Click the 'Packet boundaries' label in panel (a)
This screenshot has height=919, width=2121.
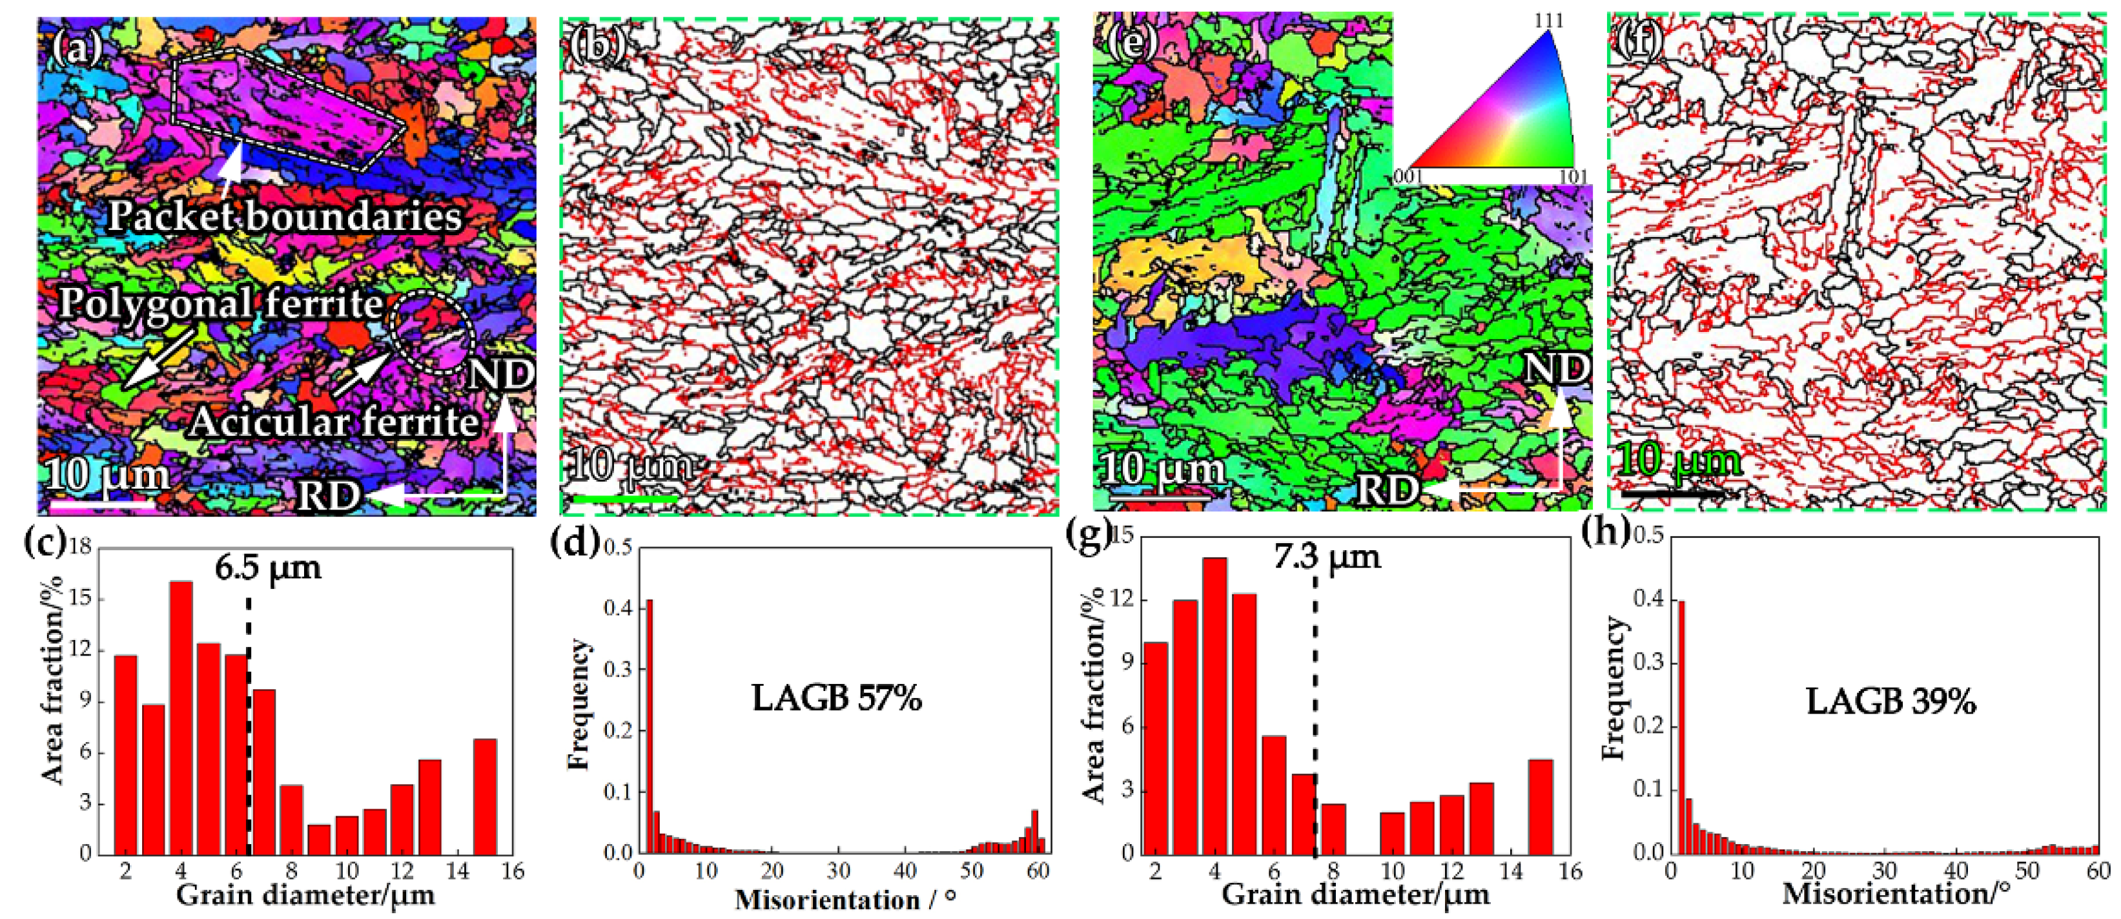[284, 215]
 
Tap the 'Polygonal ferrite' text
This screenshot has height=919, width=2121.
[221, 304]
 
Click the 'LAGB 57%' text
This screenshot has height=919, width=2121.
[837, 698]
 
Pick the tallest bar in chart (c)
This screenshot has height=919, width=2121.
[181, 716]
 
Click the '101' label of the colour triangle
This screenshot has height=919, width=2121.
[1573, 177]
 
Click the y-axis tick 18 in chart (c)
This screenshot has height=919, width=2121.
[80, 548]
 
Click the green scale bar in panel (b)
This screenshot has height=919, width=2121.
[623, 498]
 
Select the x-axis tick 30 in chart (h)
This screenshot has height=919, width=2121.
[1884, 871]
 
